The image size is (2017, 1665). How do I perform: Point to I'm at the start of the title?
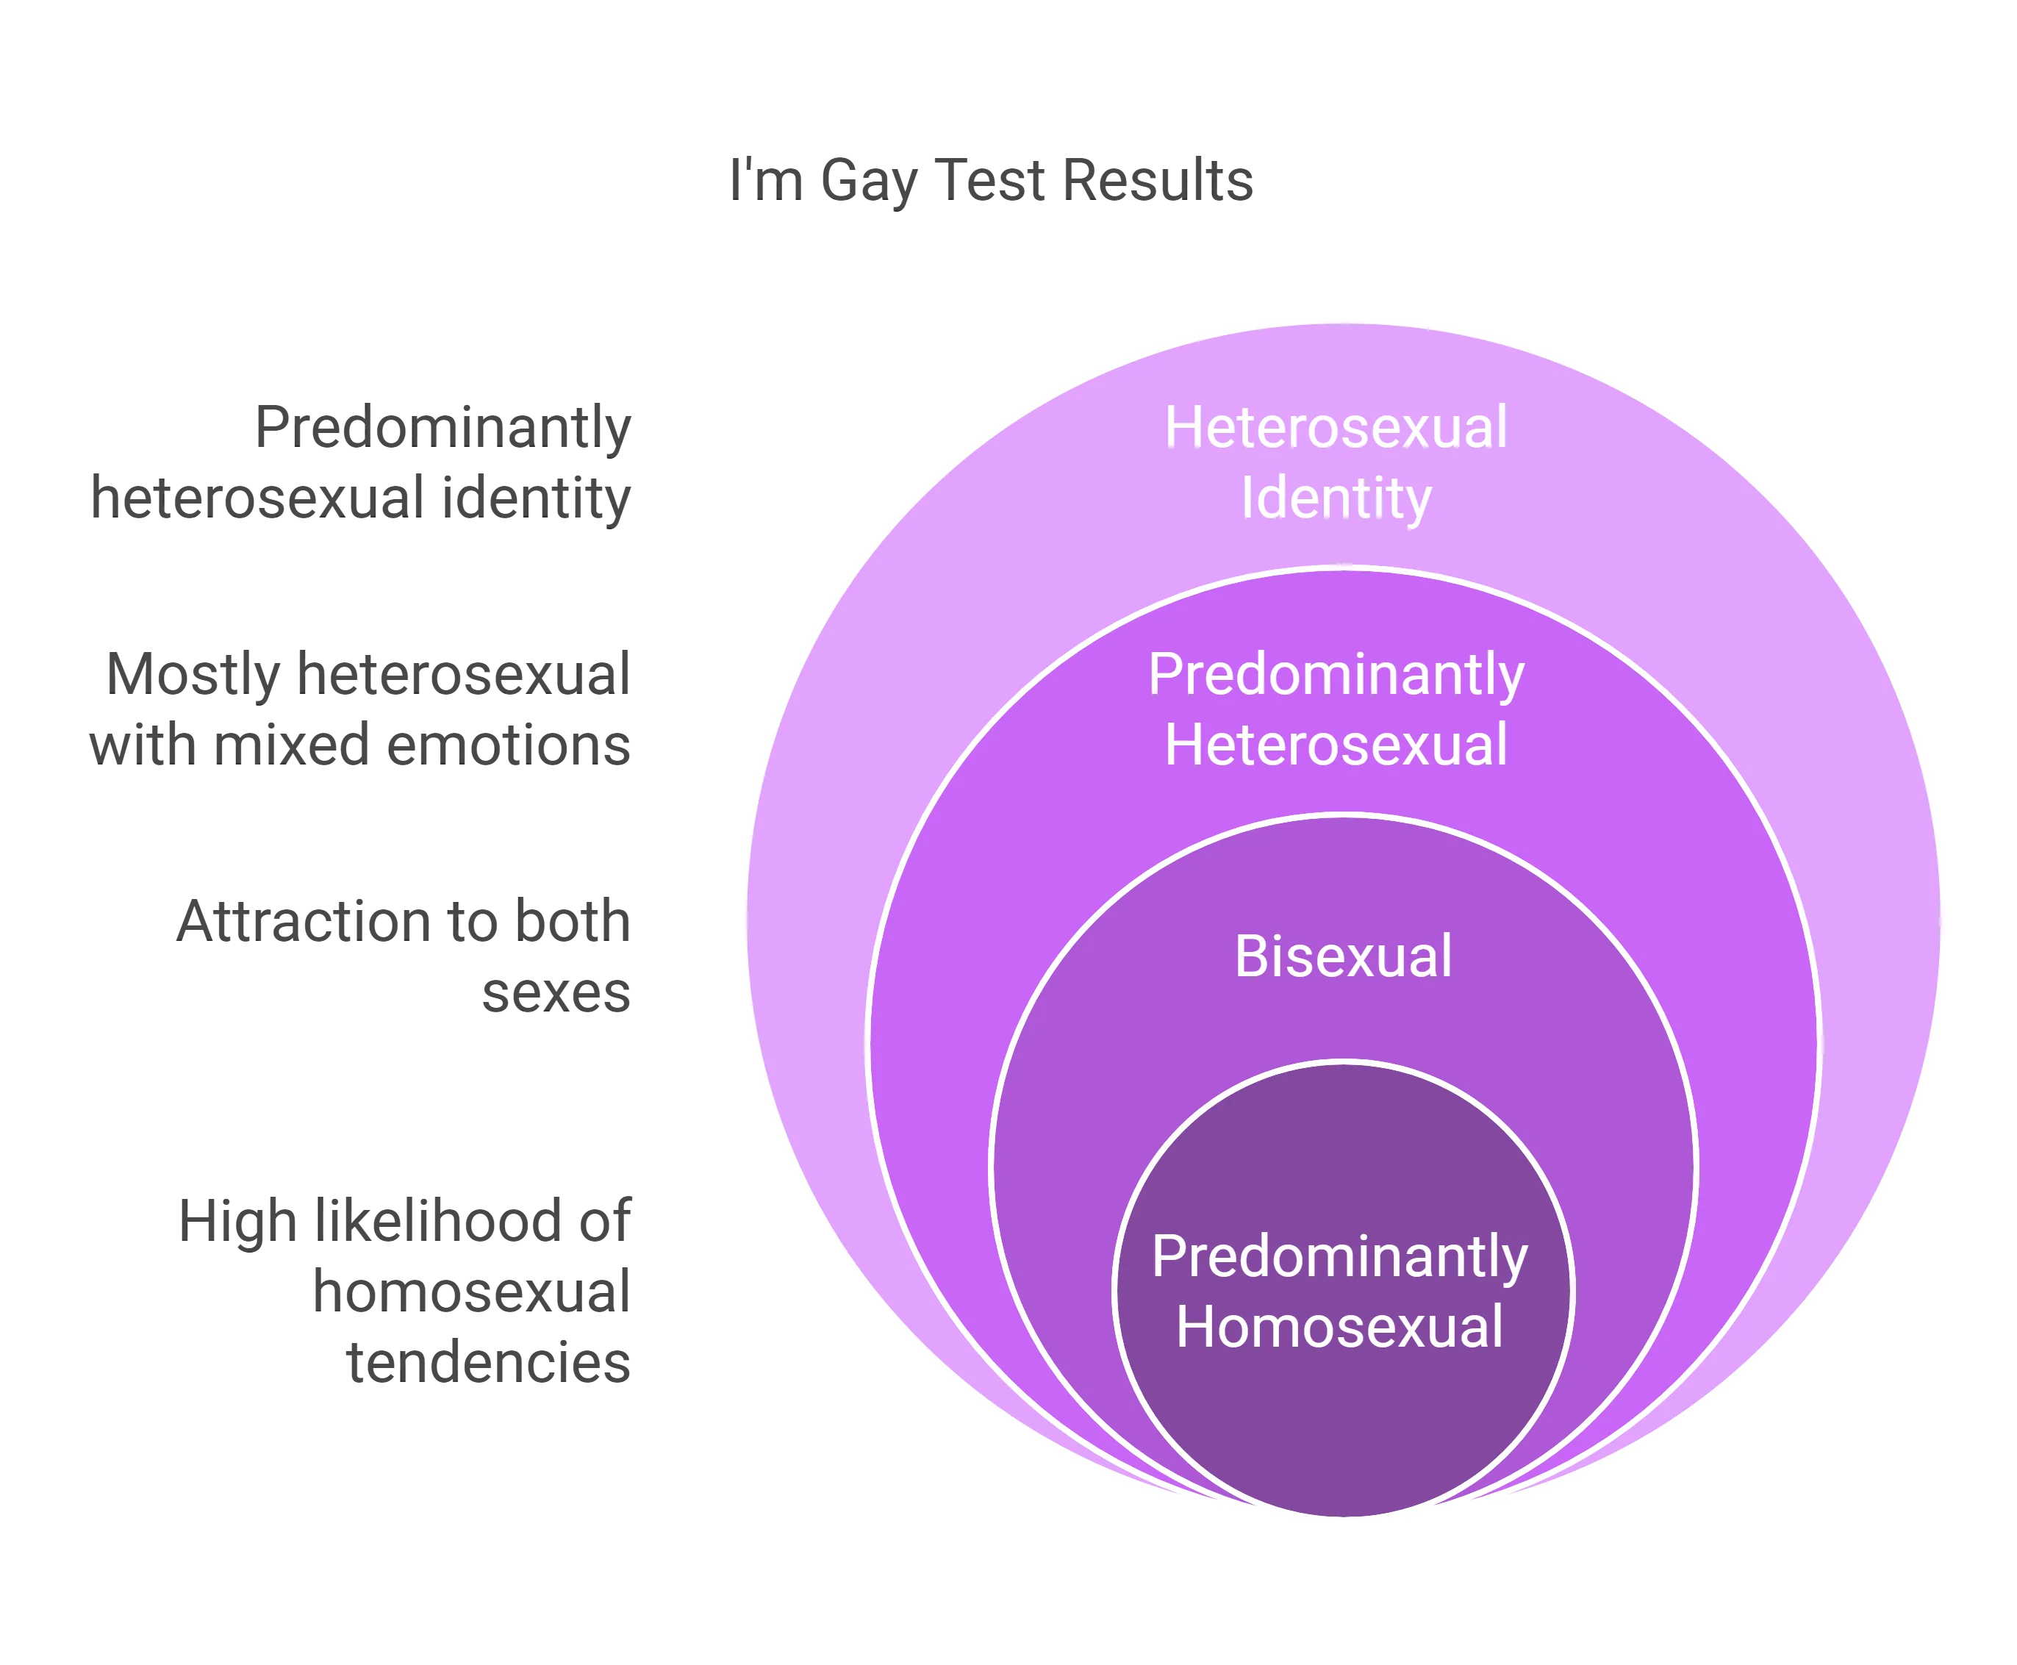click(765, 179)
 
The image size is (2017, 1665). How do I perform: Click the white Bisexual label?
click(1343, 956)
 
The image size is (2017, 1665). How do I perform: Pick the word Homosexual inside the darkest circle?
click(1340, 1328)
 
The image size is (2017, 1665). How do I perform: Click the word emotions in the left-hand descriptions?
click(509, 745)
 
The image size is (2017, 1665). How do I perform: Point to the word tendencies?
click(488, 1362)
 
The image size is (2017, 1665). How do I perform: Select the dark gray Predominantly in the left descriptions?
click(443, 429)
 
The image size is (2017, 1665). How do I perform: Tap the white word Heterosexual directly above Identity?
click(1336, 427)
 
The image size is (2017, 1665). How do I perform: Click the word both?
click(573, 922)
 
